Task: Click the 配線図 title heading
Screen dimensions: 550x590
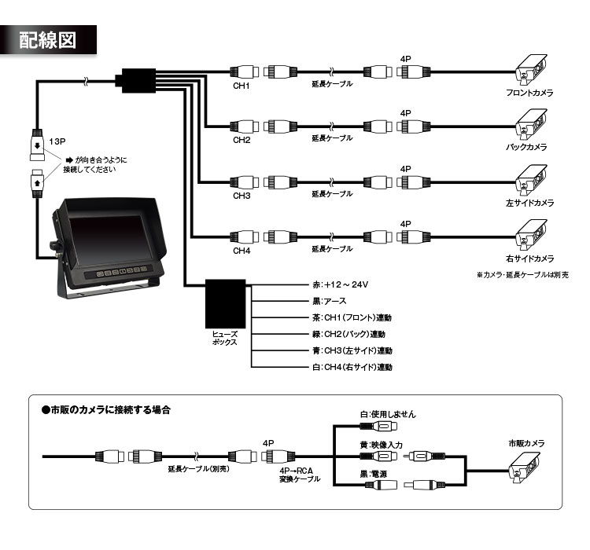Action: point(48,40)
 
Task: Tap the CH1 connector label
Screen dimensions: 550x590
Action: point(241,86)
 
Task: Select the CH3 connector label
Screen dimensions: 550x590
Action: point(241,194)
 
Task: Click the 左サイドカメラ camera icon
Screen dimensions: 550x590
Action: point(530,180)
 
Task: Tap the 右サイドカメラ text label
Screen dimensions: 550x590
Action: point(529,258)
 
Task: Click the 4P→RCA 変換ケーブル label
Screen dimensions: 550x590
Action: point(294,475)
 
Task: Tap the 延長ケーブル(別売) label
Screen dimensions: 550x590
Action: point(197,468)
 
